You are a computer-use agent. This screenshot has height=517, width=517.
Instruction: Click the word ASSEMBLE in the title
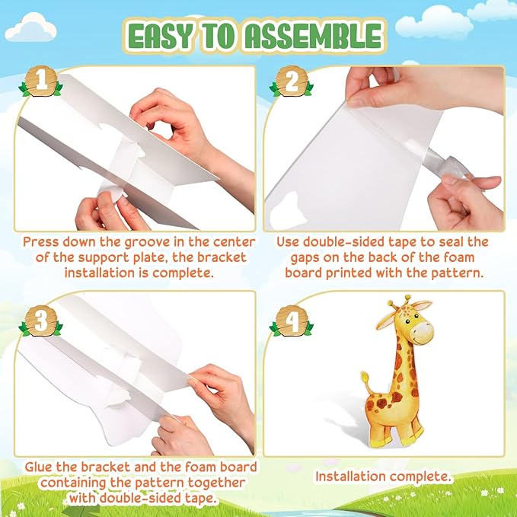pyautogui.click(x=314, y=37)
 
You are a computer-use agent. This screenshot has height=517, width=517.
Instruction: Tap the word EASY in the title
pyautogui.click(x=159, y=37)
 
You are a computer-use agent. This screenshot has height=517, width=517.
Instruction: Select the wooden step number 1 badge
pyautogui.click(x=40, y=81)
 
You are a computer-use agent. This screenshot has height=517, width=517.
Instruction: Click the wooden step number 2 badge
pyautogui.click(x=292, y=81)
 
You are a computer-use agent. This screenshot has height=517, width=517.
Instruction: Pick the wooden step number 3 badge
pyautogui.click(x=40, y=321)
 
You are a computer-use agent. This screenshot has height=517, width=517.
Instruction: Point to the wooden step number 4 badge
pyautogui.click(x=292, y=321)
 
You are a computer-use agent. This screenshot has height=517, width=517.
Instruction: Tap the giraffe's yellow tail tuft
pyautogui.click(x=365, y=376)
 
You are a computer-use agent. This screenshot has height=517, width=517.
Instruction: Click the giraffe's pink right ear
pyautogui.click(x=421, y=305)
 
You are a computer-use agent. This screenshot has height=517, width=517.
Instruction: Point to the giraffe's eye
pyautogui.click(x=407, y=321)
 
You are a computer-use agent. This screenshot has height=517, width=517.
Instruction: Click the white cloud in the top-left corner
pyautogui.click(x=30, y=27)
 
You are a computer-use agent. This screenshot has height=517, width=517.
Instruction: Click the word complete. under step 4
pyautogui.click(x=420, y=477)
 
